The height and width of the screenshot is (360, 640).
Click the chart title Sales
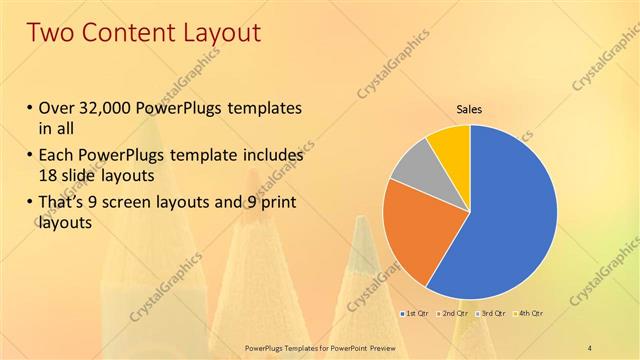pyautogui.click(x=470, y=109)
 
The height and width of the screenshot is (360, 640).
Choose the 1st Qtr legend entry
pyautogui.click(x=417, y=314)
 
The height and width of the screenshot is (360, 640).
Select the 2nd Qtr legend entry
pyautogui.click(x=453, y=314)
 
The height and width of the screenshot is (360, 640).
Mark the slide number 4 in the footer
pyautogui.click(x=591, y=346)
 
